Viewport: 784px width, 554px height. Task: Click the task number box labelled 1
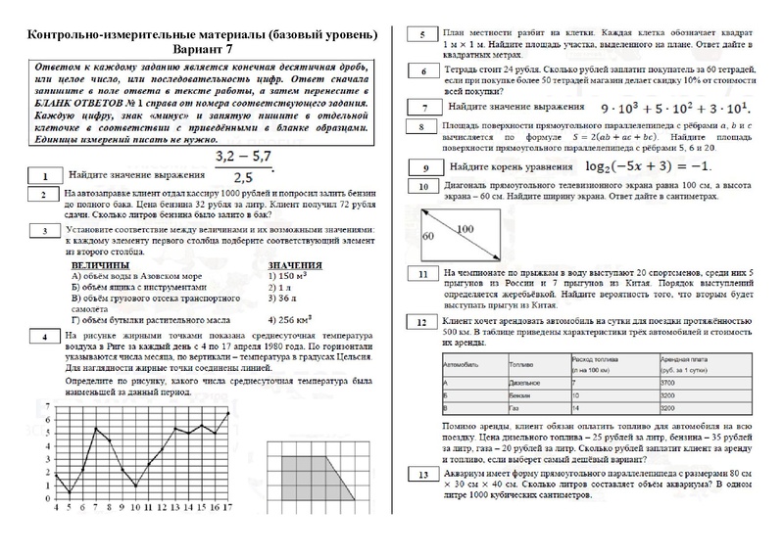(x=44, y=175)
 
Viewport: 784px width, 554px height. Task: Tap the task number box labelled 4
(x=44, y=338)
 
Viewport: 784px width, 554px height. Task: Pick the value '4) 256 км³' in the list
(x=295, y=319)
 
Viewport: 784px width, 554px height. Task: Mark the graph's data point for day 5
(x=69, y=489)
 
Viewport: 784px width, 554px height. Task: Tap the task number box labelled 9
(x=422, y=168)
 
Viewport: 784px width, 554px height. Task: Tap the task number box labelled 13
(x=422, y=476)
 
